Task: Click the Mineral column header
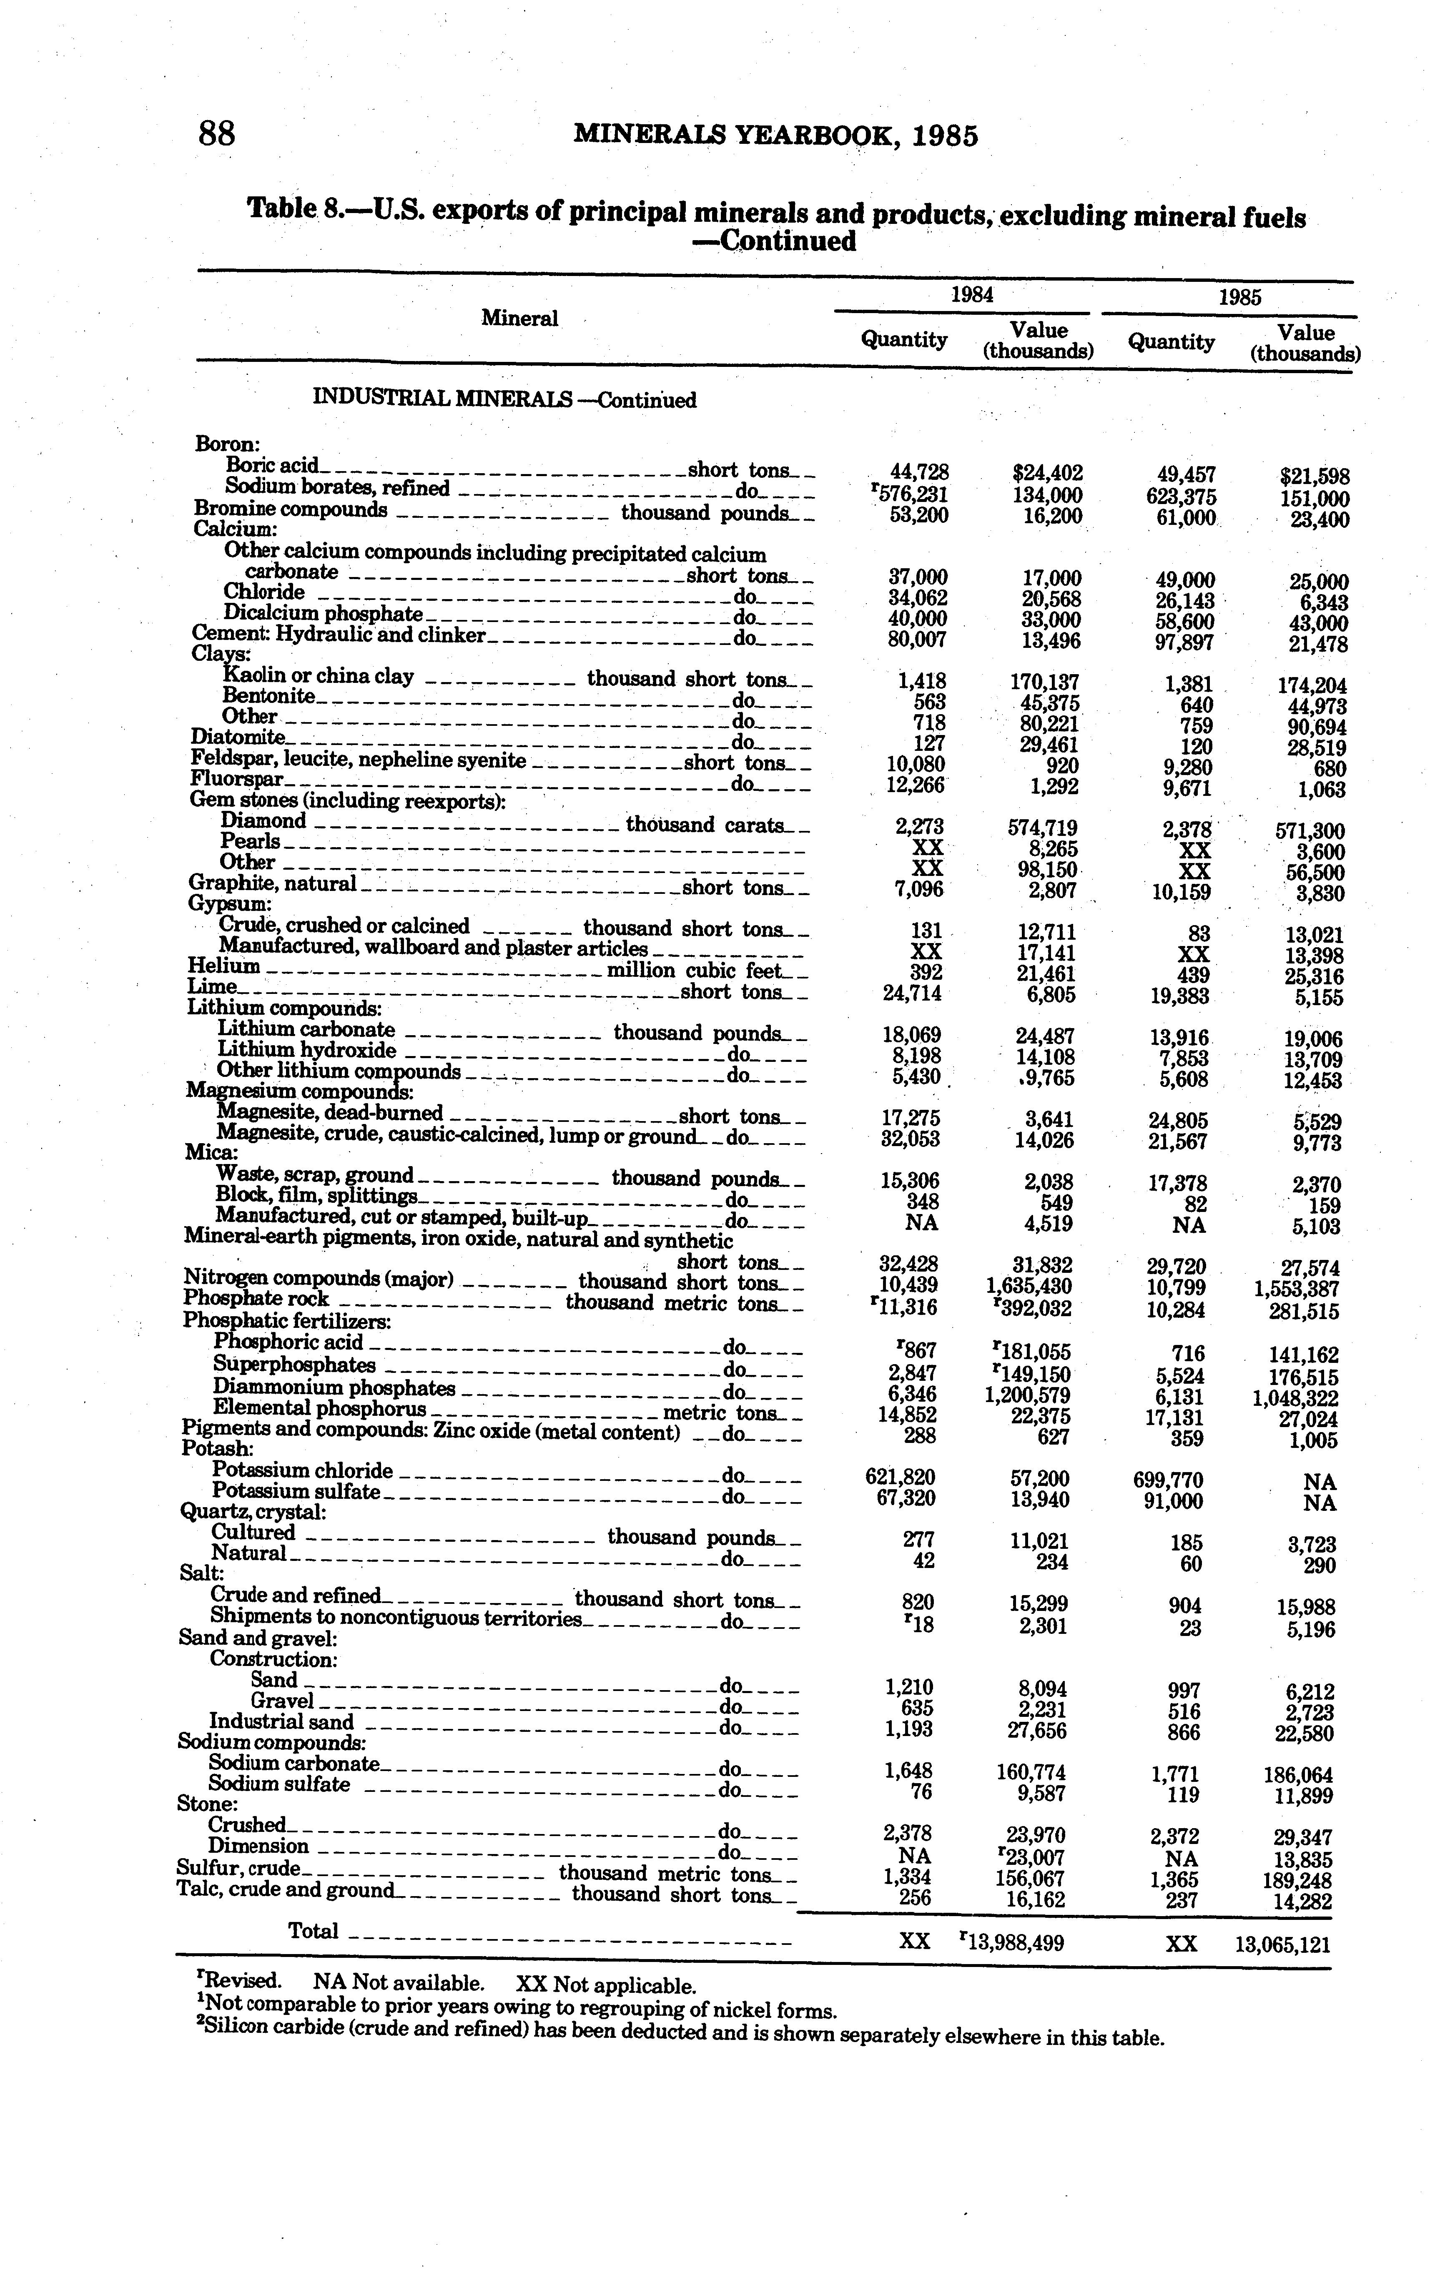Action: [x=519, y=319]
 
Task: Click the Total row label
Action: [x=313, y=1931]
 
